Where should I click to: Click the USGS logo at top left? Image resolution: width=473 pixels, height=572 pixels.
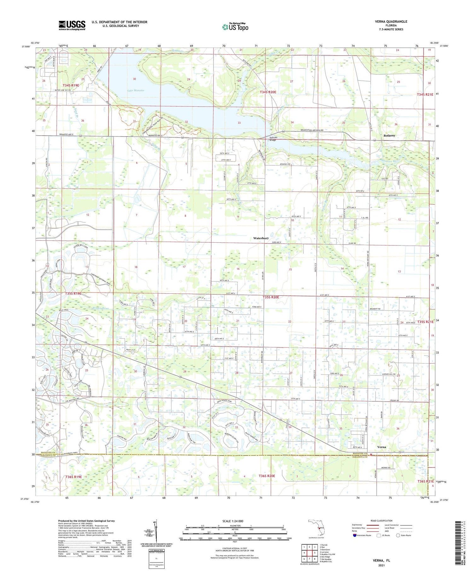(x=72, y=25)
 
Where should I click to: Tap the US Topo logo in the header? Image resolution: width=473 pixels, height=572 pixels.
(x=235, y=27)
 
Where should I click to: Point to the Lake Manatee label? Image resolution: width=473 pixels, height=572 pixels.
(x=136, y=91)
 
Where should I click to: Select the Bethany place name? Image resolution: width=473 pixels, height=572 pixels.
(x=389, y=135)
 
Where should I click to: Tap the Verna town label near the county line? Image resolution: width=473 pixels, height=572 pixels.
(x=382, y=447)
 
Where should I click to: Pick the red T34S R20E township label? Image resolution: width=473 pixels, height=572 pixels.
(x=268, y=92)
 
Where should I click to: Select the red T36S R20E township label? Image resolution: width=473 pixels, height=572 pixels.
(x=267, y=476)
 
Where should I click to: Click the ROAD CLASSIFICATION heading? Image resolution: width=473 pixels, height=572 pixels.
(x=382, y=521)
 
